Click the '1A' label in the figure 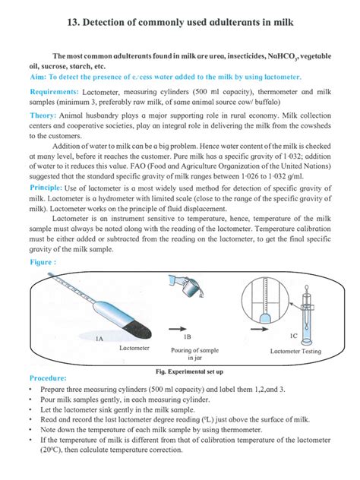99,339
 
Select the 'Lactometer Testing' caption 295,352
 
